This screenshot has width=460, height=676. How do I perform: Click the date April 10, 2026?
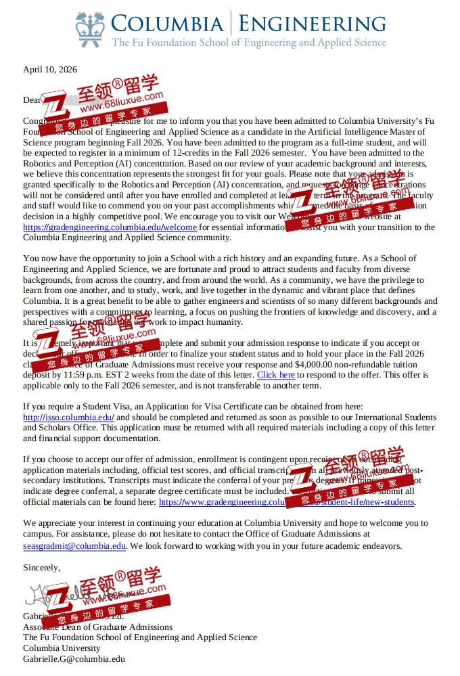(50, 70)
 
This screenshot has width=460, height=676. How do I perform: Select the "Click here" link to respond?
(275, 375)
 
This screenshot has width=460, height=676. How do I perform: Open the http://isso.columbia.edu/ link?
(68, 418)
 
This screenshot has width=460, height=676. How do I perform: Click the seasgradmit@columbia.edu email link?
(74, 545)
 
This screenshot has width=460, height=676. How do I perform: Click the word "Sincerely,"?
(42, 567)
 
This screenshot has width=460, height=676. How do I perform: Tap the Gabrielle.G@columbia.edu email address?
(74, 658)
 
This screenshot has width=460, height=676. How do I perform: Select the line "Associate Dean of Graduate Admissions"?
(97, 627)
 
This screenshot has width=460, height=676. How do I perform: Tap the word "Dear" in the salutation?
(32, 100)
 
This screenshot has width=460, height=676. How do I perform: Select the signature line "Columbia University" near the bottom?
(62, 648)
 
